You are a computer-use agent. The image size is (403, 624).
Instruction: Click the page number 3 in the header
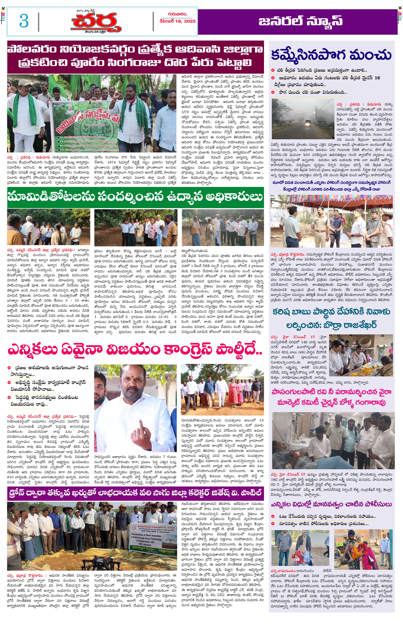coord(24,21)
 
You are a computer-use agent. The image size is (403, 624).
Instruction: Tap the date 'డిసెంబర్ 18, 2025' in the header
coord(177,21)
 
